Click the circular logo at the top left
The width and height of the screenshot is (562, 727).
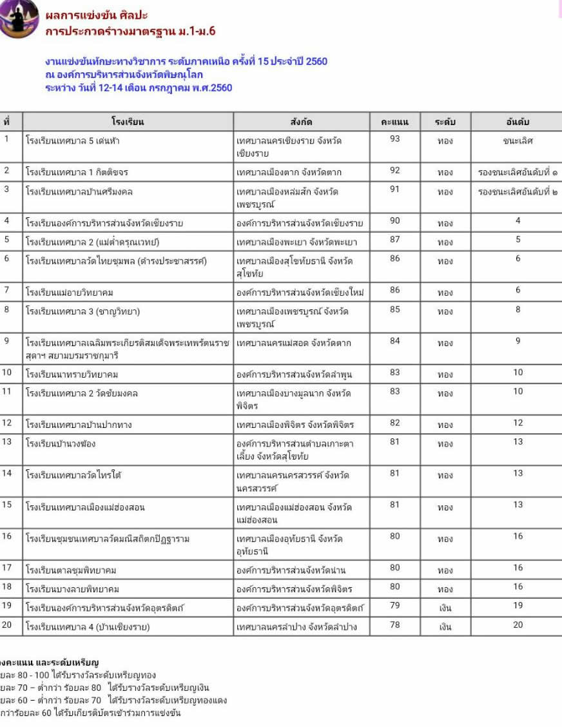point(18,19)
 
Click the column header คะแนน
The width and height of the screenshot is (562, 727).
point(395,122)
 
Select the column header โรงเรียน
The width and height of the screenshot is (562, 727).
point(128,122)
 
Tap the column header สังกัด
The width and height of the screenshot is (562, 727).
point(302,122)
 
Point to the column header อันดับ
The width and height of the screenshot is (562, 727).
point(518,122)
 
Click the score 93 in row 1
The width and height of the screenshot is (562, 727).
point(395,139)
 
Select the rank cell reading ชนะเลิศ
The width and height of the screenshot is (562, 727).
point(518,141)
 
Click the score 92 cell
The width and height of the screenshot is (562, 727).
point(395,171)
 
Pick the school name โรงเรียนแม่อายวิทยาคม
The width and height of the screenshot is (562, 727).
point(70,293)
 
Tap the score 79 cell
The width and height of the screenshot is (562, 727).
point(395,606)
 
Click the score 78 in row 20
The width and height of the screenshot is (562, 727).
point(395,625)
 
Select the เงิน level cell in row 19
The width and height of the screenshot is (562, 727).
point(445,608)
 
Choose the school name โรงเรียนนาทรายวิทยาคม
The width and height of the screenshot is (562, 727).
point(72,374)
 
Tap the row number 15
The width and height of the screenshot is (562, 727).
point(8,505)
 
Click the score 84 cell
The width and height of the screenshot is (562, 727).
point(395,341)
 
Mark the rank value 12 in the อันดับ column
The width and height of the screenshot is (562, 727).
point(518,423)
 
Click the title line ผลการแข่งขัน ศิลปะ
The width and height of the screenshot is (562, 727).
point(97,15)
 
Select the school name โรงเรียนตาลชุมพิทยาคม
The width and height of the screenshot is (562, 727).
point(72,570)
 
